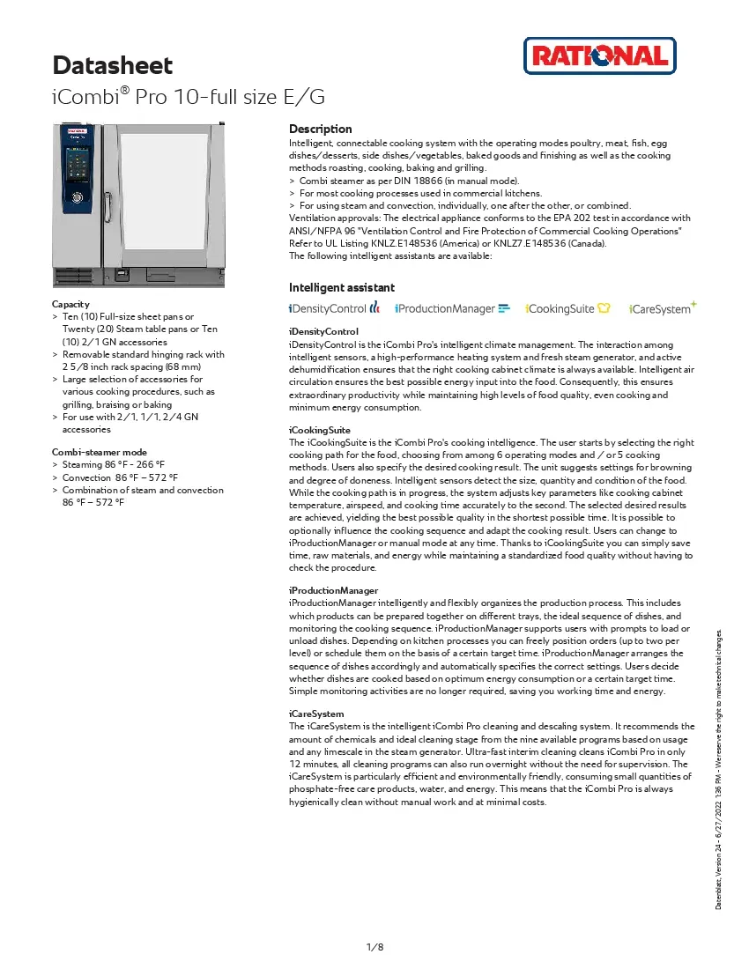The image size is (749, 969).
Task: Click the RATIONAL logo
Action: [x=599, y=56]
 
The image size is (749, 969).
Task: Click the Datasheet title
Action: [x=113, y=65]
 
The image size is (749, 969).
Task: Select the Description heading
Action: [x=320, y=129]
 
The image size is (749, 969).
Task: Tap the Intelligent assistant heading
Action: [x=342, y=287]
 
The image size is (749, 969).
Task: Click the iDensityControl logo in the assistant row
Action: [x=334, y=308]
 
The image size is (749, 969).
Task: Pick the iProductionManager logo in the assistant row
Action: [x=452, y=308]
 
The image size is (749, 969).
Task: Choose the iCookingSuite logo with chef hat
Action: [x=567, y=308]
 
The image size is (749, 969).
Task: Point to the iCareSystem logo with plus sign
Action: [x=663, y=307]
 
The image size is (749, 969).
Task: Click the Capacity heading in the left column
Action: [x=70, y=304]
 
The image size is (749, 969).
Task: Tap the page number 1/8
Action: [x=374, y=946]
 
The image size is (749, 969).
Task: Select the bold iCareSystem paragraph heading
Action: [x=316, y=714]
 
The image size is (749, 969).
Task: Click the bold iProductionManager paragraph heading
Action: [x=334, y=590]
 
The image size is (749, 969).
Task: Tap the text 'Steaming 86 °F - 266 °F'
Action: [x=115, y=464]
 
